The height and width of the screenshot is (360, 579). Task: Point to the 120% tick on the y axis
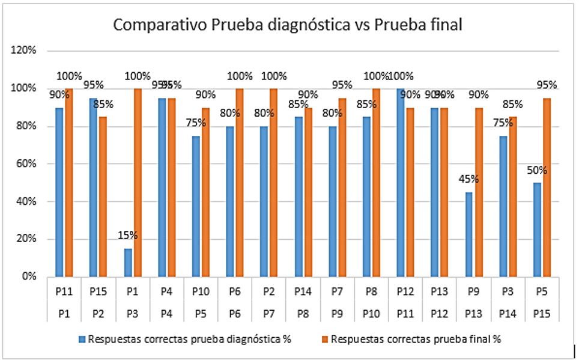(x=23, y=51)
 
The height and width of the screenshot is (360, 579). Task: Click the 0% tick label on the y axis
(x=28, y=277)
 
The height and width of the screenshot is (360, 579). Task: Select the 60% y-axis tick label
(x=26, y=164)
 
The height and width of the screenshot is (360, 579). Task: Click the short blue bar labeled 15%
(x=128, y=263)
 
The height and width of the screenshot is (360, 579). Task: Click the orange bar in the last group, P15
(x=547, y=188)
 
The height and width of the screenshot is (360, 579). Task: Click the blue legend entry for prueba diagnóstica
(x=184, y=339)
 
